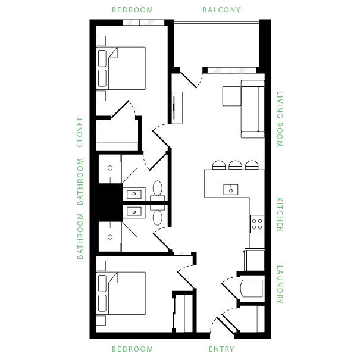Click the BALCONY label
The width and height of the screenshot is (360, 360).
[221, 10]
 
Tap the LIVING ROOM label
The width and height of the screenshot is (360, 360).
[280, 119]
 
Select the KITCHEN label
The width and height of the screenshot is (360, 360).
[280, 214]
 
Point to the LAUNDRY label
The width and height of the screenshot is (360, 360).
[280, 284]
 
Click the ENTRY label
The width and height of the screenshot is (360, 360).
[221, 349]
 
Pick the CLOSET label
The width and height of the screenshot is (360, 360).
[80, 132]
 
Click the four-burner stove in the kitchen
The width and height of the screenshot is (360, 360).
[257, 224]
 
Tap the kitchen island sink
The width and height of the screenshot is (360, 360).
[231, 190]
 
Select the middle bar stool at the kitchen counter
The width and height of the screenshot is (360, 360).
[235, 165]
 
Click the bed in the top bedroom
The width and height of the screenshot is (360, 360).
[121, 68]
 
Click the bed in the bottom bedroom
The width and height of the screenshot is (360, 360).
[121, 293]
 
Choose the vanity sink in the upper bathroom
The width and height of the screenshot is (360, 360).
[134, 195]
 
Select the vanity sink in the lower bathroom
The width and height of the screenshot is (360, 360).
[134, 211]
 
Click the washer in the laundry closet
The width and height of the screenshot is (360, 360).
[251, 289]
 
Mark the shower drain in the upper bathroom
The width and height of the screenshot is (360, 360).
[110, 168]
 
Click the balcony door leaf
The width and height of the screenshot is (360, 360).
[189, 80]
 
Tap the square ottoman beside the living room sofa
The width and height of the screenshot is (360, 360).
[231, 96]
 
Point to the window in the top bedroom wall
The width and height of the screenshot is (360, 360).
[143, 22]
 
